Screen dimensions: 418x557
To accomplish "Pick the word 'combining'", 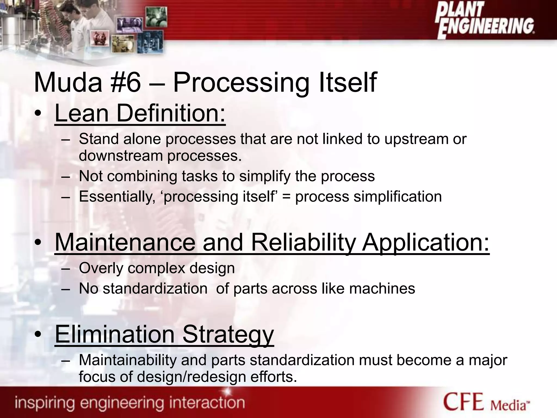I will (x=142, y=176).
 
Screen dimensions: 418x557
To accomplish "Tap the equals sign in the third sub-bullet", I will (x=286, y=197).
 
